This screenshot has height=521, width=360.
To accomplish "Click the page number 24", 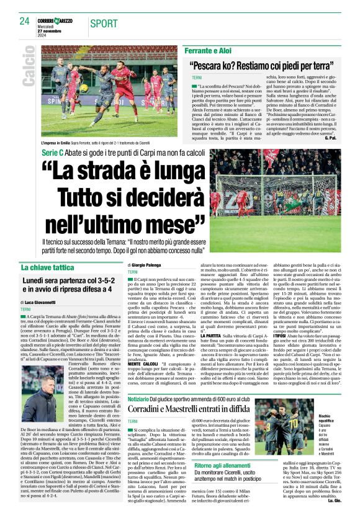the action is (24, 21).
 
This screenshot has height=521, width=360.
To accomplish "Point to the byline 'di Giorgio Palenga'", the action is (145, 265).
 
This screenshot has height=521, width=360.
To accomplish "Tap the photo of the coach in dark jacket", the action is (38, 397).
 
